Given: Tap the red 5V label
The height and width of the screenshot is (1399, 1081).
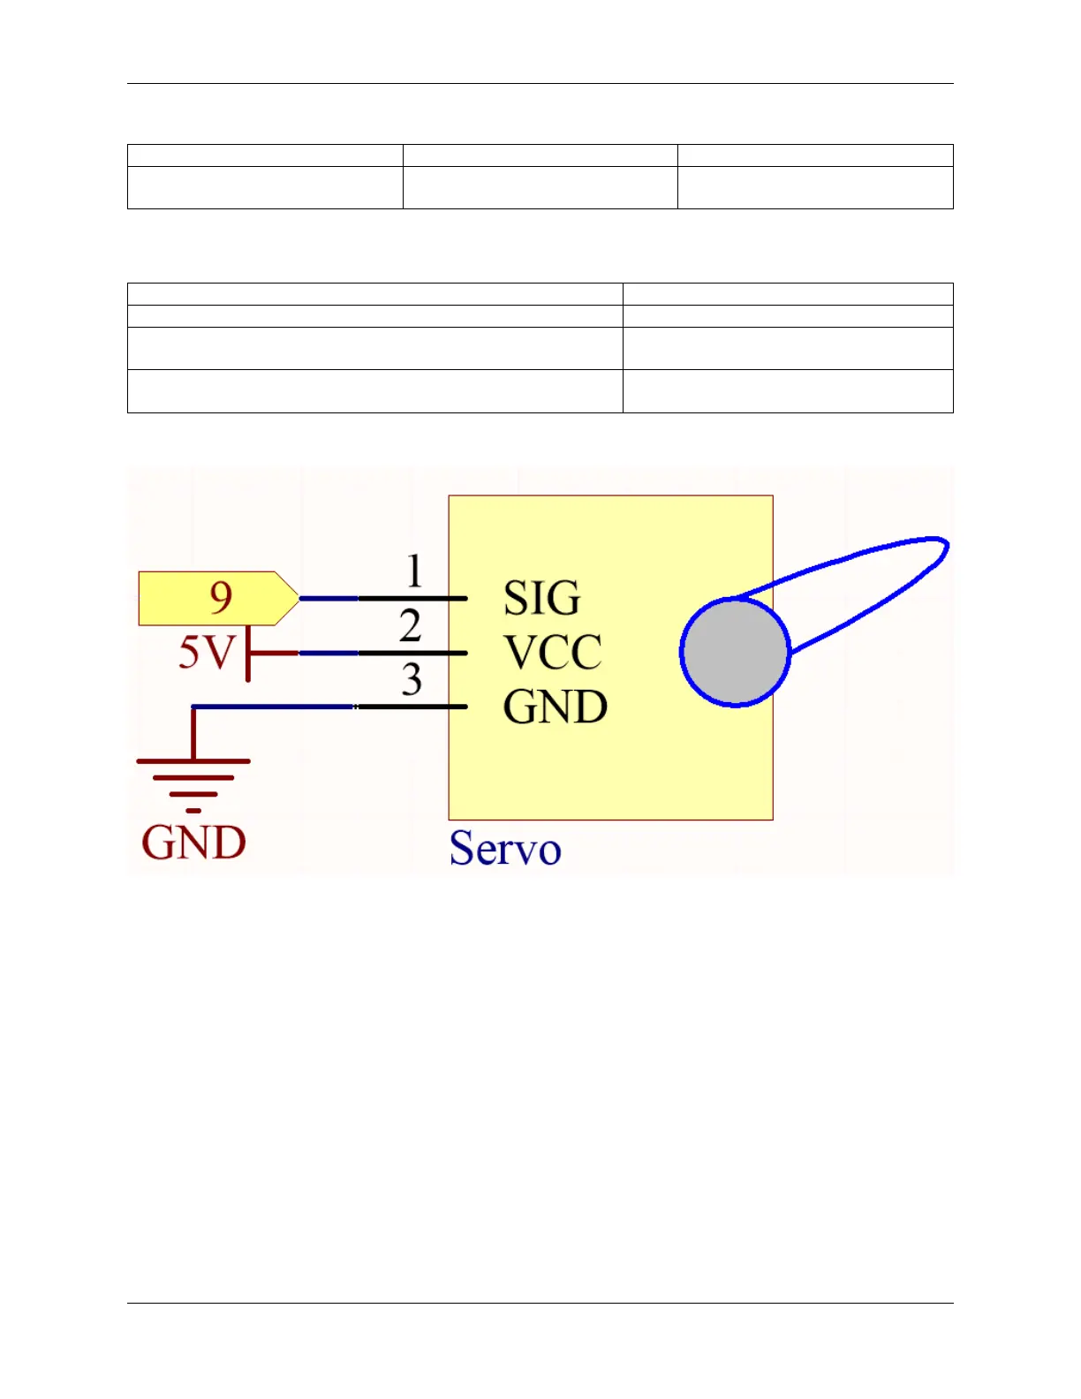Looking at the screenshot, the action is (207, 653).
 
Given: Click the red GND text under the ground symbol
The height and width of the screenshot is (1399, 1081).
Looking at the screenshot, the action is (193, 843).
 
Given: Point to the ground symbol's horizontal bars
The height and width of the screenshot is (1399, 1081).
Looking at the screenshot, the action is (193, 777).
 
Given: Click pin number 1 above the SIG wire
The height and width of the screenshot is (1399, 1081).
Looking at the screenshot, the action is (414, 571).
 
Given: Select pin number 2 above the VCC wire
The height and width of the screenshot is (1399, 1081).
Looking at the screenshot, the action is (410, 626).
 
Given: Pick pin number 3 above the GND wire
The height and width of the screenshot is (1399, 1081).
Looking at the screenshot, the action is (412, 680).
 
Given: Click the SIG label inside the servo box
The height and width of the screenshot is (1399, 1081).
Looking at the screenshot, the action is (541, 598).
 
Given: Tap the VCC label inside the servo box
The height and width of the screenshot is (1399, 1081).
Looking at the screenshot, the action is (552, 653).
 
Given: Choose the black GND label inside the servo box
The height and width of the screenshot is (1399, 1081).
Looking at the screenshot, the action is (555, 707).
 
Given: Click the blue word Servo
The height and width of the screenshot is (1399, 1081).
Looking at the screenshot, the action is (504, 849).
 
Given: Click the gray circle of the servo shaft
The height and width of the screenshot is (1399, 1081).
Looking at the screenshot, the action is (735, 653).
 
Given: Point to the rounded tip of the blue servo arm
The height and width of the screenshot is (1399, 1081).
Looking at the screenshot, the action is (941, 548).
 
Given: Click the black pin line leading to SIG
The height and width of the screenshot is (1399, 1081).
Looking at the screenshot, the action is (412, 599).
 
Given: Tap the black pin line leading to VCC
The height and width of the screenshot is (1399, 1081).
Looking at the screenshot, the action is (412, 654).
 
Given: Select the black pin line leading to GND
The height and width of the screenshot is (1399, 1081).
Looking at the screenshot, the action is (412, 707).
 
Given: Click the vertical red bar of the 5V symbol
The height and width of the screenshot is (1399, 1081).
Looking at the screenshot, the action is (248, 654).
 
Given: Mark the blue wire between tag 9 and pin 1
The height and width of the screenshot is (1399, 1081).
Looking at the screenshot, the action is (329, 599).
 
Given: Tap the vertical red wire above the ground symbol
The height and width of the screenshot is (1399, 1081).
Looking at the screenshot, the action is (193, 733).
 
